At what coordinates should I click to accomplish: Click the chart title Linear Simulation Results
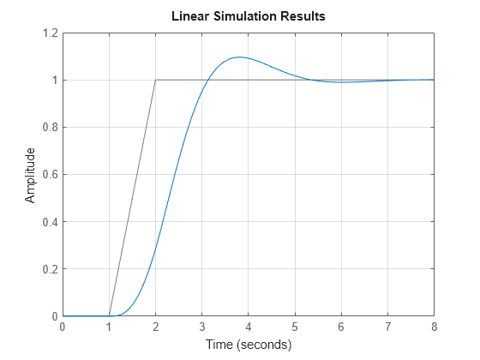pos(249,16)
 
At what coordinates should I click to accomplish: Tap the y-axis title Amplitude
pos(31,175)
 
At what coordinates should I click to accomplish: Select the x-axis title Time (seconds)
pos(248,345)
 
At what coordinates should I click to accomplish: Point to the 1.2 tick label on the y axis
pos(48,33)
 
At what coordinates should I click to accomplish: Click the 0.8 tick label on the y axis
pos(48,128)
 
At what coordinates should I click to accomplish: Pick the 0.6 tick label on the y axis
pos(48,175)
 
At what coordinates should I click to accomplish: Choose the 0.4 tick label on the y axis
pos(48,222)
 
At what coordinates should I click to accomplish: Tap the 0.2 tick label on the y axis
pos(48,269)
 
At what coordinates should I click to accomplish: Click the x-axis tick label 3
pos(201,327)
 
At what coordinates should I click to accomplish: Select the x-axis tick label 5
pos(295,327)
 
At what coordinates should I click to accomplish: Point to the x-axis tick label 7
pos(387,327)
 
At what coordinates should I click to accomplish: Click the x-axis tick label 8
pos(434,327)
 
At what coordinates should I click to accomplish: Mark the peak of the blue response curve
pos(238,57)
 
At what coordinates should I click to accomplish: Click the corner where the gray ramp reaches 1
pos(155,81)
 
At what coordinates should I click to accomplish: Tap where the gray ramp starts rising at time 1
pos(109,316)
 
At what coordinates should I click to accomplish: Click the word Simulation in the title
pos(249,16)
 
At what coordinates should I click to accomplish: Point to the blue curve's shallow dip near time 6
pos(341,82)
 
